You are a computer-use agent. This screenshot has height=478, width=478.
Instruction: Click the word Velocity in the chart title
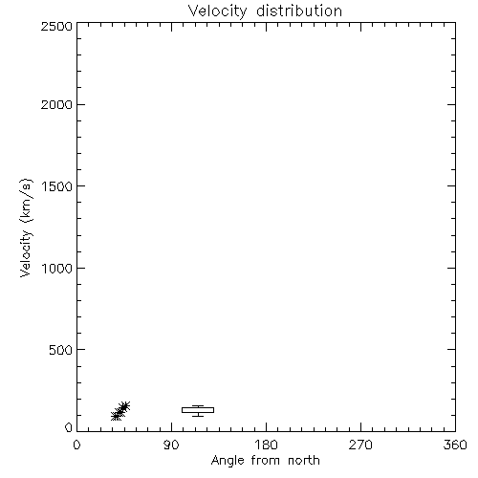click(217, 11)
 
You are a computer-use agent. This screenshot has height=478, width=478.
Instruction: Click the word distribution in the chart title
click(299, 11)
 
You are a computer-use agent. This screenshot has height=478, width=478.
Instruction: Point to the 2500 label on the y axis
click(56, 26)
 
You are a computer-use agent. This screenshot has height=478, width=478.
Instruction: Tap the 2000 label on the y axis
click(56, 104)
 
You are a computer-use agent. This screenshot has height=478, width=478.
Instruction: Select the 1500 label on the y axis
click(57, 186)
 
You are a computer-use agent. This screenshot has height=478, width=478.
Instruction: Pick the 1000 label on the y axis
click(57, 269)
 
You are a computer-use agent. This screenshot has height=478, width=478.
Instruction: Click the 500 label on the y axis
click(61, 350)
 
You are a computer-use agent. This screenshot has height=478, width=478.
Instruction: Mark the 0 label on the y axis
click(69, 427)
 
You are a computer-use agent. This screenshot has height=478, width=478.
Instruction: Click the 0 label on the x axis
click(76, 445)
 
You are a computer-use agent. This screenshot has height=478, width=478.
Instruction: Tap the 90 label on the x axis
click(171, 445)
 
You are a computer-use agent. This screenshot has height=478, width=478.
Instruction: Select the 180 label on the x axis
click(266, 445)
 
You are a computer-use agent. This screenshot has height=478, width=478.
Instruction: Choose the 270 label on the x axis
click(360, 445)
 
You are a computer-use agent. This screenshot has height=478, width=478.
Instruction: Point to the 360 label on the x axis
click(455, 445)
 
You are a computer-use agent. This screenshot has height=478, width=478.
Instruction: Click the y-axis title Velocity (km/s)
click(26, 228)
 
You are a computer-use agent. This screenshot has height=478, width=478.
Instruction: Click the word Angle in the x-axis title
click(228, 461)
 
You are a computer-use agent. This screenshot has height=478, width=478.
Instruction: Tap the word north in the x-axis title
click(304, 461)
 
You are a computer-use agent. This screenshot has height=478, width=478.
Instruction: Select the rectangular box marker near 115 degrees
click(198, 410)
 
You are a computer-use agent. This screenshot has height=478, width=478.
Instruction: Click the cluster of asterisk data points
click(120, 411)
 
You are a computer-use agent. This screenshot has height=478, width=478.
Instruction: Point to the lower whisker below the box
click(198, 415)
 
